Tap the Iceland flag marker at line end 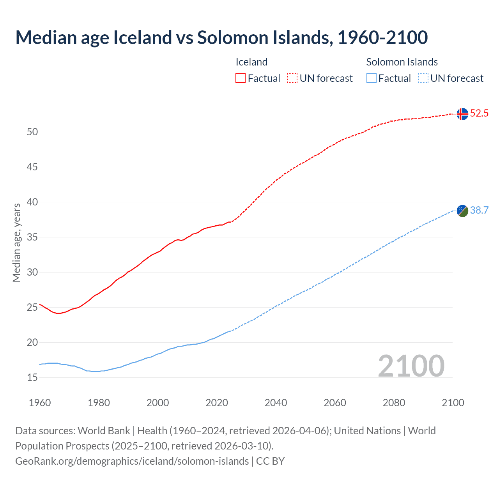pos(462,114)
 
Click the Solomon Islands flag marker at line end pos(462,211)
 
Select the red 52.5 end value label pos(479,113)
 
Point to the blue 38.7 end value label pos(479,211)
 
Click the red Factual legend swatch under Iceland pos(241,78)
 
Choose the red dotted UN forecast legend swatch pos(292,78)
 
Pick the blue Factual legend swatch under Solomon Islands pos(371,78)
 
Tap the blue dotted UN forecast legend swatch pos(423,78)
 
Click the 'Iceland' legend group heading pos(251,62)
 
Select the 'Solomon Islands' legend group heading pos(402,62)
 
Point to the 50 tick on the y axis pos(32,132)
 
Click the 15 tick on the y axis pos(32,378)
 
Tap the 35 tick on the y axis pos(32,237)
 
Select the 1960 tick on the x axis pos(40,403)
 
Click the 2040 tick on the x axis pos(276,403)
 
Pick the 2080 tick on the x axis pos(394,403)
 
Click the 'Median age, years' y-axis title pos(16,242)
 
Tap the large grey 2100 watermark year pos(411,366)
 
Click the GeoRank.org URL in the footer pos(132,461)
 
